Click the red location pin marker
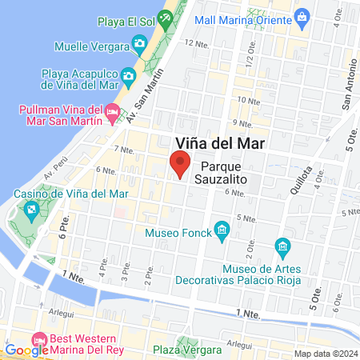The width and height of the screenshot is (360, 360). click(x=181, y=164)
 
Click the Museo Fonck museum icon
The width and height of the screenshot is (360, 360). click(x=222, y=232)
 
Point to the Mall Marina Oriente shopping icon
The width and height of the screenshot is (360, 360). click(x=302, y=15)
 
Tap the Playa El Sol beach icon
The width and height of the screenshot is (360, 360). click(x=166, y=16)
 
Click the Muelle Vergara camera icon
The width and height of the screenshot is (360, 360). click(x=139, y=42)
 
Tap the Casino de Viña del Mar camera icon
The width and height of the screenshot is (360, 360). click(x=31, y=211)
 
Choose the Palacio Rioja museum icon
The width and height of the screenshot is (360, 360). click(x=281, y=244)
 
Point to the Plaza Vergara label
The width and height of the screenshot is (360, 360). click(x=187, y=350)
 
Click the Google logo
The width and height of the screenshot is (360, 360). click(x=26, y=350)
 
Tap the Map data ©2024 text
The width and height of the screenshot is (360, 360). click(x=325, y=354)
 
